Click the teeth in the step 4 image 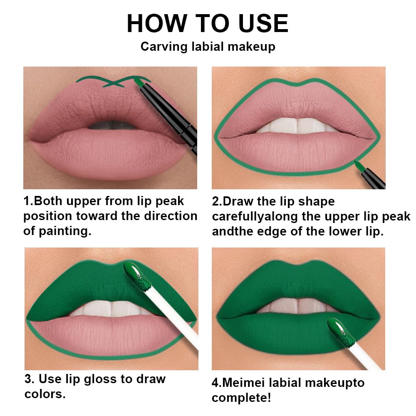pos(297,306)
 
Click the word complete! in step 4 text pos(242,397)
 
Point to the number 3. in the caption pos(30,379)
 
